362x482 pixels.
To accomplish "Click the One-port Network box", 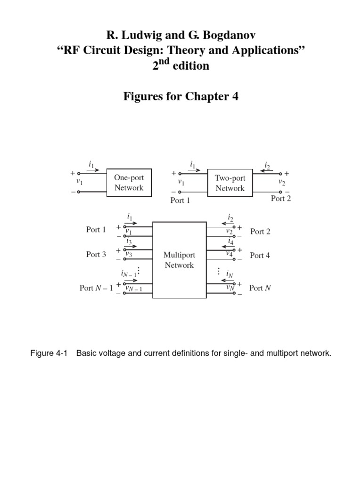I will coord(129,183).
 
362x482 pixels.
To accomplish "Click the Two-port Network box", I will coord(230,183).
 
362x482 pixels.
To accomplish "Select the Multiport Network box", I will coord(179,260).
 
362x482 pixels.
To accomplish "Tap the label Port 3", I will coord(96,254).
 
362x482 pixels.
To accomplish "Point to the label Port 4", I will coord(260,255).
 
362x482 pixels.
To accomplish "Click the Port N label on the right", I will coord(260,288).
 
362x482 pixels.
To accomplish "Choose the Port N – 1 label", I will coord(96,288).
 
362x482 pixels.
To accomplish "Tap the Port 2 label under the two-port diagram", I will coord(281,198).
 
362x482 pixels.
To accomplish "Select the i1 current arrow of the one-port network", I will coord(93,170).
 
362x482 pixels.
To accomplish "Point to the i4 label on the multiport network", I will coord(230,242).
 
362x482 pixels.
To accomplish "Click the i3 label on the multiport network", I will coord(129,241).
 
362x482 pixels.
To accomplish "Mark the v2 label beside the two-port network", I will coord(281,182).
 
